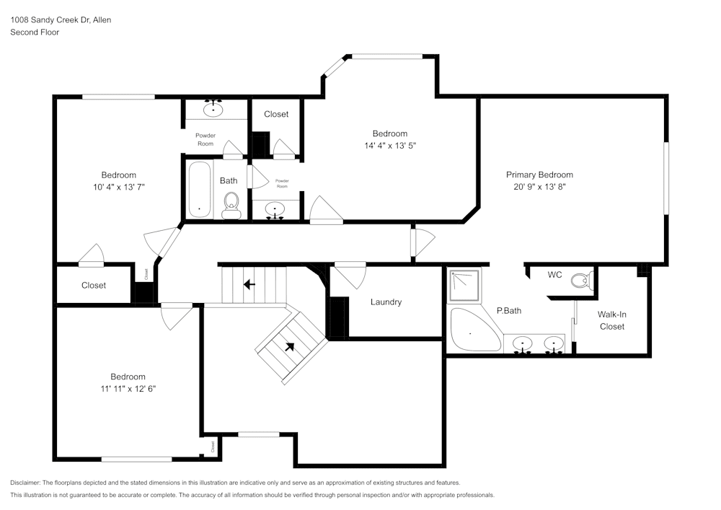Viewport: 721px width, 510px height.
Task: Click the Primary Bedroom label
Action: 539,175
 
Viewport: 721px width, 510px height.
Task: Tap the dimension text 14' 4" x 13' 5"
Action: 389,145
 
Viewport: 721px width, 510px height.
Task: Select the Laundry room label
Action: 386,302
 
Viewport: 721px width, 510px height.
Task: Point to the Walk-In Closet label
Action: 611,320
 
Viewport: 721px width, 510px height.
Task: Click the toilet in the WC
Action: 580,280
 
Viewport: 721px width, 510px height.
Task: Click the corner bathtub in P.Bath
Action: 472,331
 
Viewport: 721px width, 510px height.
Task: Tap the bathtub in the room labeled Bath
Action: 200,189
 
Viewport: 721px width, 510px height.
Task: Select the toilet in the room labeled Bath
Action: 231,205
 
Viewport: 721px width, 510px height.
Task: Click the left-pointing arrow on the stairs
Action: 249,285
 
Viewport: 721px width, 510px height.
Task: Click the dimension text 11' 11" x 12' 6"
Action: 128,388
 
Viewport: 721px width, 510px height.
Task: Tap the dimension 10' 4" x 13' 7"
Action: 118,187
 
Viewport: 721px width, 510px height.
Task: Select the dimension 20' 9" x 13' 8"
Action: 539,186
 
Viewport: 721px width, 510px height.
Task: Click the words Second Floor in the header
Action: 35,32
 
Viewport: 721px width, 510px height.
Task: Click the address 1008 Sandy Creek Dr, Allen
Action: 61,20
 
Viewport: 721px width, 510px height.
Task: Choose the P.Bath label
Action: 508,311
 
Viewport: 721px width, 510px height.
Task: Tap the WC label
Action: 554,275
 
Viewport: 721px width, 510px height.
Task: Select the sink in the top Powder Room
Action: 213,110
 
